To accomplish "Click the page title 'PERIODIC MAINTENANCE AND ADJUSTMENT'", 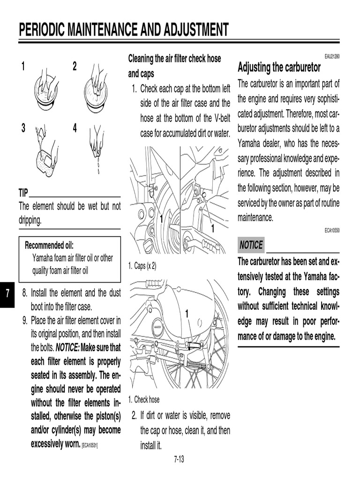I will click(x=124, y=30).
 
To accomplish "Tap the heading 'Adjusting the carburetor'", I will click(x=279, y=67).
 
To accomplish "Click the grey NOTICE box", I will click(x=251, y=245).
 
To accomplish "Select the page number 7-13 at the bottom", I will click(x=179, y=459).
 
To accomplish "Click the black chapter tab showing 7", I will click(x=8, y=293).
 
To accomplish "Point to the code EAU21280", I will click(x=331, y=56).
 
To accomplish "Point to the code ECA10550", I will click(x=331, y=231).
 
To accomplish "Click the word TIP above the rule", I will click(x=23, y=193).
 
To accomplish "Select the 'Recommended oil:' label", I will click(x=49, y=245).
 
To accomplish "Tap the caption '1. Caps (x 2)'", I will click(x=142, y=266).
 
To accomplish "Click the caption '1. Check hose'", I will click(x=143, y=400).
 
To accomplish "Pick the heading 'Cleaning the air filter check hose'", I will click(x=174, y=59).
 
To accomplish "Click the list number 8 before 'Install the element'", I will click(x=25, y=293).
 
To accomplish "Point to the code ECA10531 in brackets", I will click(x=90, y=444).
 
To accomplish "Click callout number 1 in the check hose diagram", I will click(x=187, y=313).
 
